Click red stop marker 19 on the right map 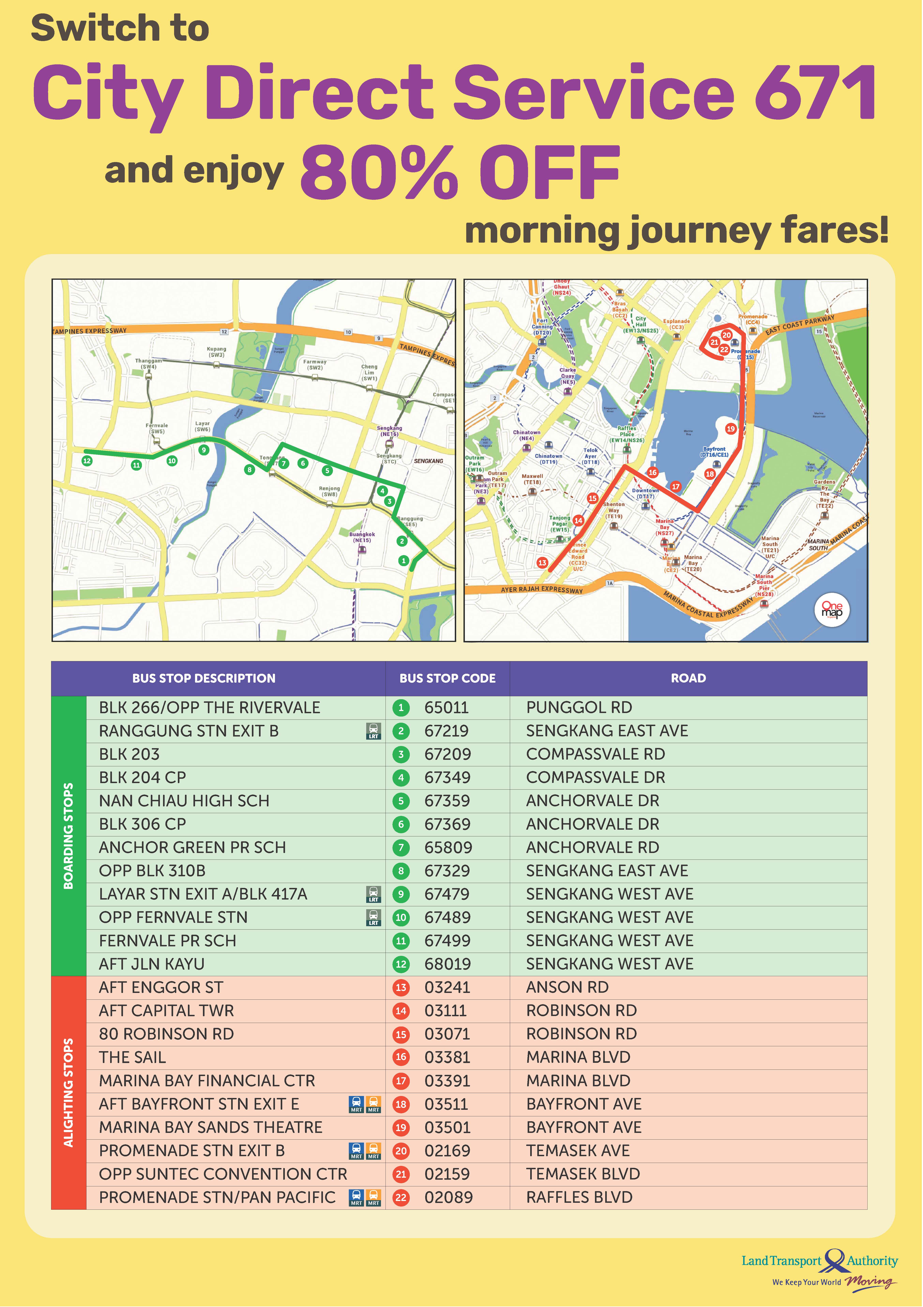[731, 429]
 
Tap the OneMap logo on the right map [832, 610]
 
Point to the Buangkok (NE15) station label [362, 537]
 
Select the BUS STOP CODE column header [447, 678]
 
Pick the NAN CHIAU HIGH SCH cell [184, 801]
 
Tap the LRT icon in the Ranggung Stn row [373, 731]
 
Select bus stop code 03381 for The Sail [447, 1057]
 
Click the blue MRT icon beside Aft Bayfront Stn [356, 1104]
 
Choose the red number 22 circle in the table [401, 1198]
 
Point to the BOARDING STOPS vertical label [68, 836]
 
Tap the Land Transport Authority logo [819, 1261]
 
